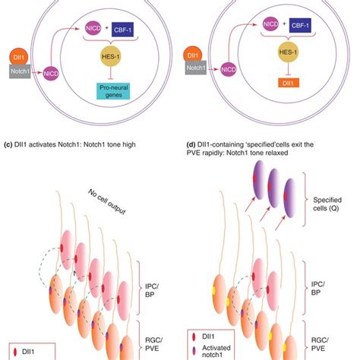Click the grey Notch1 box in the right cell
pyautogui.click(x=202, y=68)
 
